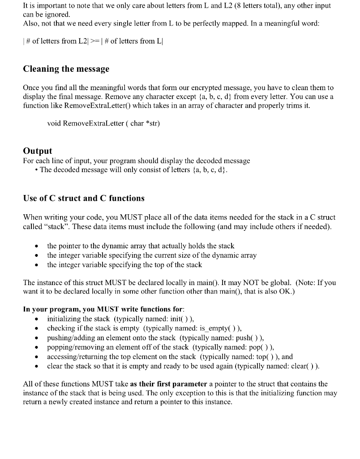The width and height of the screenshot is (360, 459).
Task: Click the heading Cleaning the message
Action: tap(66, 69)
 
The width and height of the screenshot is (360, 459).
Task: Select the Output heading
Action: tap(37, 151)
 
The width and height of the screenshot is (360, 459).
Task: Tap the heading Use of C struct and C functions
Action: tap(83, 198)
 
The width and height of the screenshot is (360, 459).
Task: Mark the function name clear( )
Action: tap(304, 366)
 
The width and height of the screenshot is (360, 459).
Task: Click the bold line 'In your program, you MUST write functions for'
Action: tap(103, 309)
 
